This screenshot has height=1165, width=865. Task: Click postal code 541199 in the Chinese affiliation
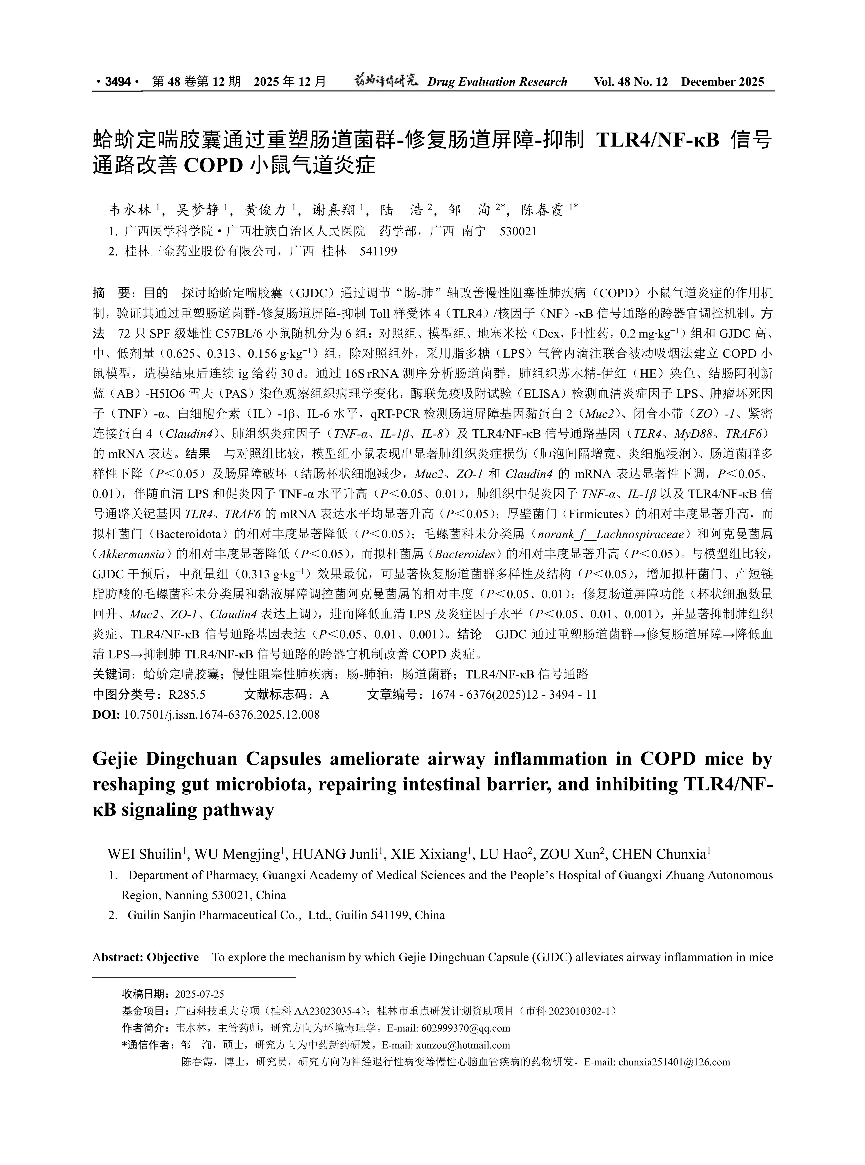click(x=378, y=251)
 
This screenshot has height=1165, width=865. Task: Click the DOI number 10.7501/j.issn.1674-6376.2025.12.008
click(x=222, y=714)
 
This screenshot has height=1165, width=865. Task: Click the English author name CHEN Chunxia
click(x=659, y=854)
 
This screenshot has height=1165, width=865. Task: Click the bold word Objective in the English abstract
click(x=173, y=957)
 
